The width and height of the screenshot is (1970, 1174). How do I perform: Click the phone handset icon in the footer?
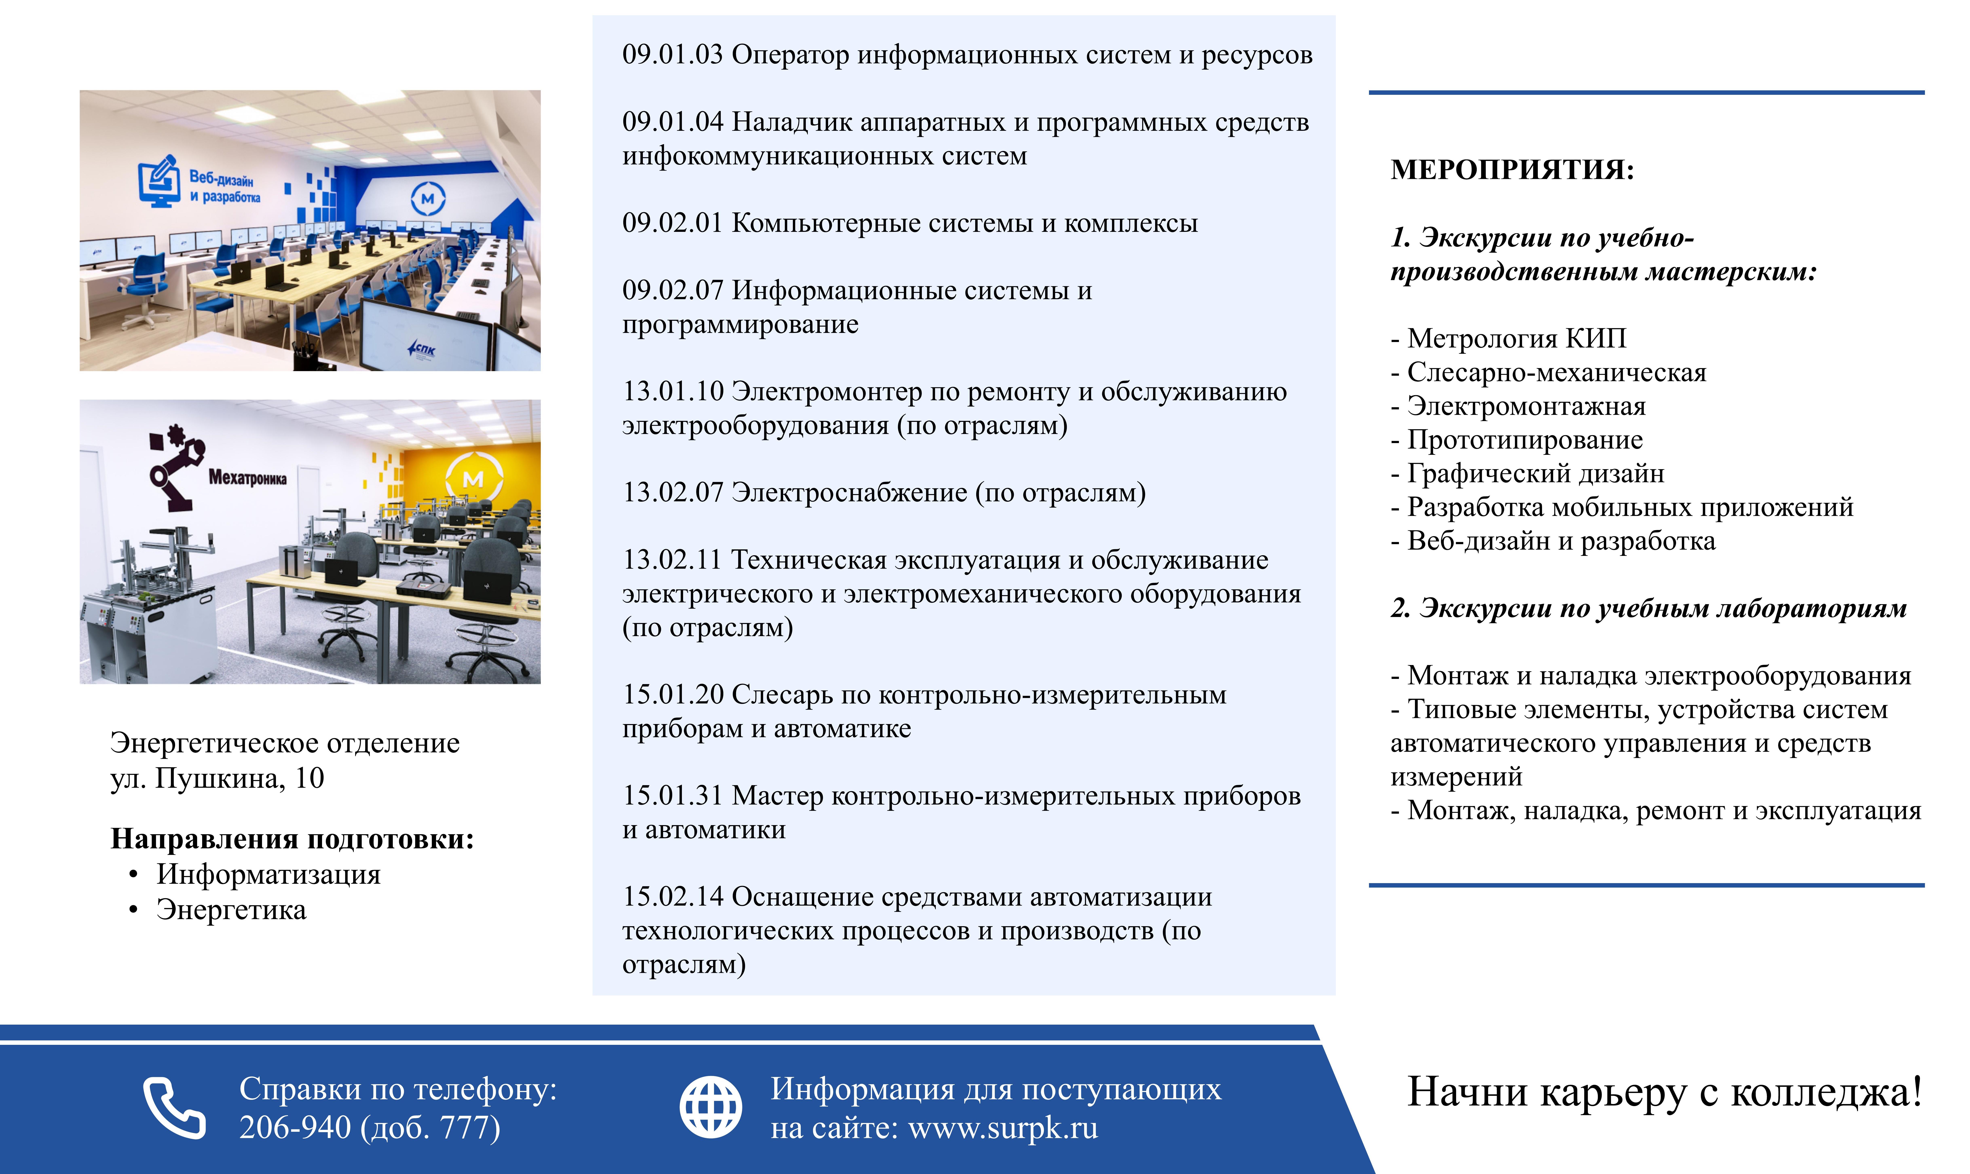pyautogui.click(x=174, y=1107)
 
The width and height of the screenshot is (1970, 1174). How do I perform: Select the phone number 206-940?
pyautogui.click(x=295, y=1127)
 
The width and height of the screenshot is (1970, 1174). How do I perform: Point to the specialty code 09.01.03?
pyautogui.click(x=673, y=55)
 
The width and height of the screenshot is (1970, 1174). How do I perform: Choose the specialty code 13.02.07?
pyautogui.click(x=673, y=493)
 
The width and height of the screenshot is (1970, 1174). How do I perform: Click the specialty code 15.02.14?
pyautogui.click(x=673, y=897)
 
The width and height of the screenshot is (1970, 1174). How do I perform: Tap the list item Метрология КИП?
pyautogui.click(x=1509, y=339)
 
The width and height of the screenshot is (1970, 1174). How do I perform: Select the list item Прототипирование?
pyautogui.click(x=1517, y=440)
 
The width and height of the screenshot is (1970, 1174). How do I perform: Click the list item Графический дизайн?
pyautogui.click(x=1528, y=474)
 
